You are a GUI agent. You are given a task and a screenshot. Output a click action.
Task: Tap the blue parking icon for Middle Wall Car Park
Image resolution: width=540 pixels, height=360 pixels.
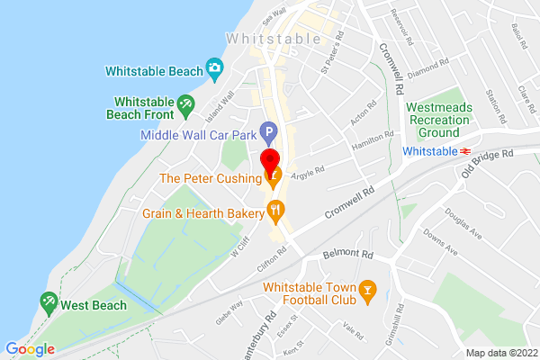coord(267,135)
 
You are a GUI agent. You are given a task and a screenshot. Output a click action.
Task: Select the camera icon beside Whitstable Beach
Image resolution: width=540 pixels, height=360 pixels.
coord(214,67)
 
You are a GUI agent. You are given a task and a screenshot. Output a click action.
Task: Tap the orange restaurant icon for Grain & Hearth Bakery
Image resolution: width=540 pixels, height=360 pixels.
coord(276,212)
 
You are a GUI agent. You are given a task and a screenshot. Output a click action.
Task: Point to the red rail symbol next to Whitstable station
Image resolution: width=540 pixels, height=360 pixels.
coord(466,151)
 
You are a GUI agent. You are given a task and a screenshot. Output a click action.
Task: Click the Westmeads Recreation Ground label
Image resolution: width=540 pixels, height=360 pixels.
coord(439,115)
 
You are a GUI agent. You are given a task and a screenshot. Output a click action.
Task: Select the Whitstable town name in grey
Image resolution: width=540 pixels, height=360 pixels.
coord(274,39)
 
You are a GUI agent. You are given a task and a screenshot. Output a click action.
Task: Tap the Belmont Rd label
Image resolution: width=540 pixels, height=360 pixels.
coord(347,255)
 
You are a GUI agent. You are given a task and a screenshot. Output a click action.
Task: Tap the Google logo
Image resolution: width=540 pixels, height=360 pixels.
coord(30,349)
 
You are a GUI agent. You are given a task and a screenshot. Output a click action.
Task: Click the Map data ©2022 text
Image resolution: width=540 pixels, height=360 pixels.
coord(500,353)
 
